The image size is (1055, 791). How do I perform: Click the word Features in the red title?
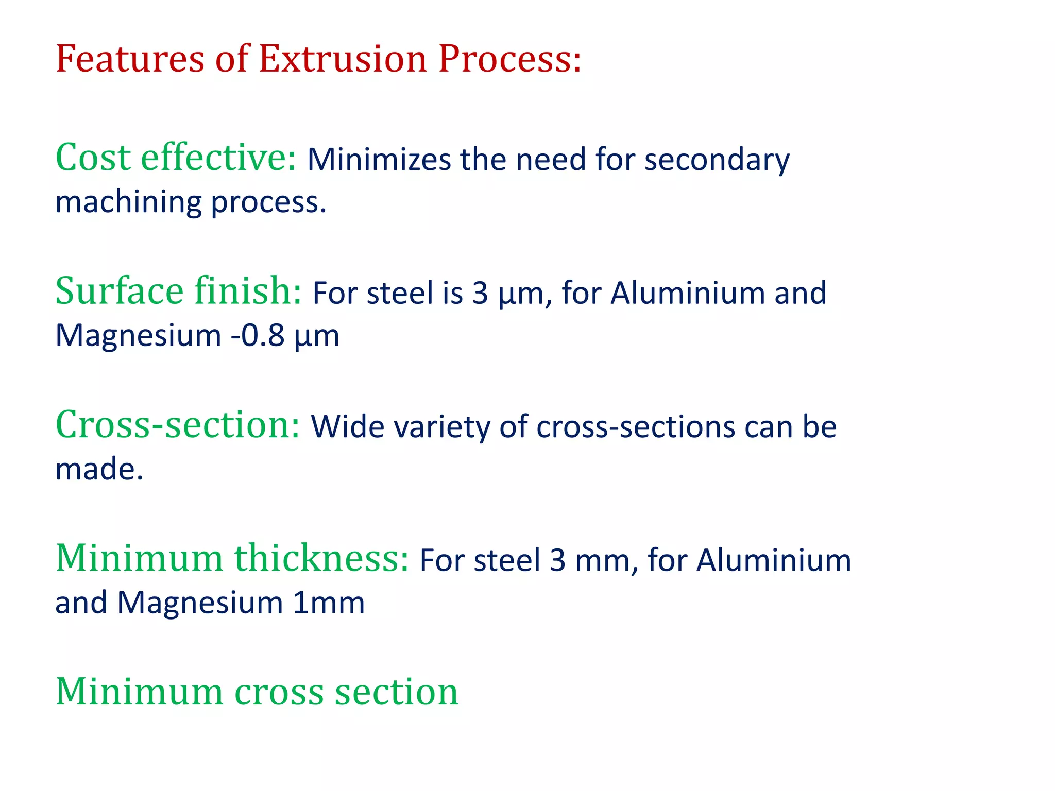click(130, 59)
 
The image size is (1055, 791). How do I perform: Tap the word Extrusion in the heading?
click(343, 59)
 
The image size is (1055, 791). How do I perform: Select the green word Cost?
click(92, 157)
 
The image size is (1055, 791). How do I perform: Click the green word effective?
click(218, 157)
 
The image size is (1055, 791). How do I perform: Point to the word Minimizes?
click(379, 160)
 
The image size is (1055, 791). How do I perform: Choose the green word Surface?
click(119, 291)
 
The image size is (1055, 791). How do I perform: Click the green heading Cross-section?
click(177, 425)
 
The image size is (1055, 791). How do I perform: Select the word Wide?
click(347, 427)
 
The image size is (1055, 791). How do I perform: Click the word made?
click(99, 469)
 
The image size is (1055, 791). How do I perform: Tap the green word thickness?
click(321, 558)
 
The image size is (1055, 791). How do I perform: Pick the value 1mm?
click(329, 603)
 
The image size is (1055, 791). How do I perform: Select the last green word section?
click(396, 692)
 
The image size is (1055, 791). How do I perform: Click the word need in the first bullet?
click(551, 160)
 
